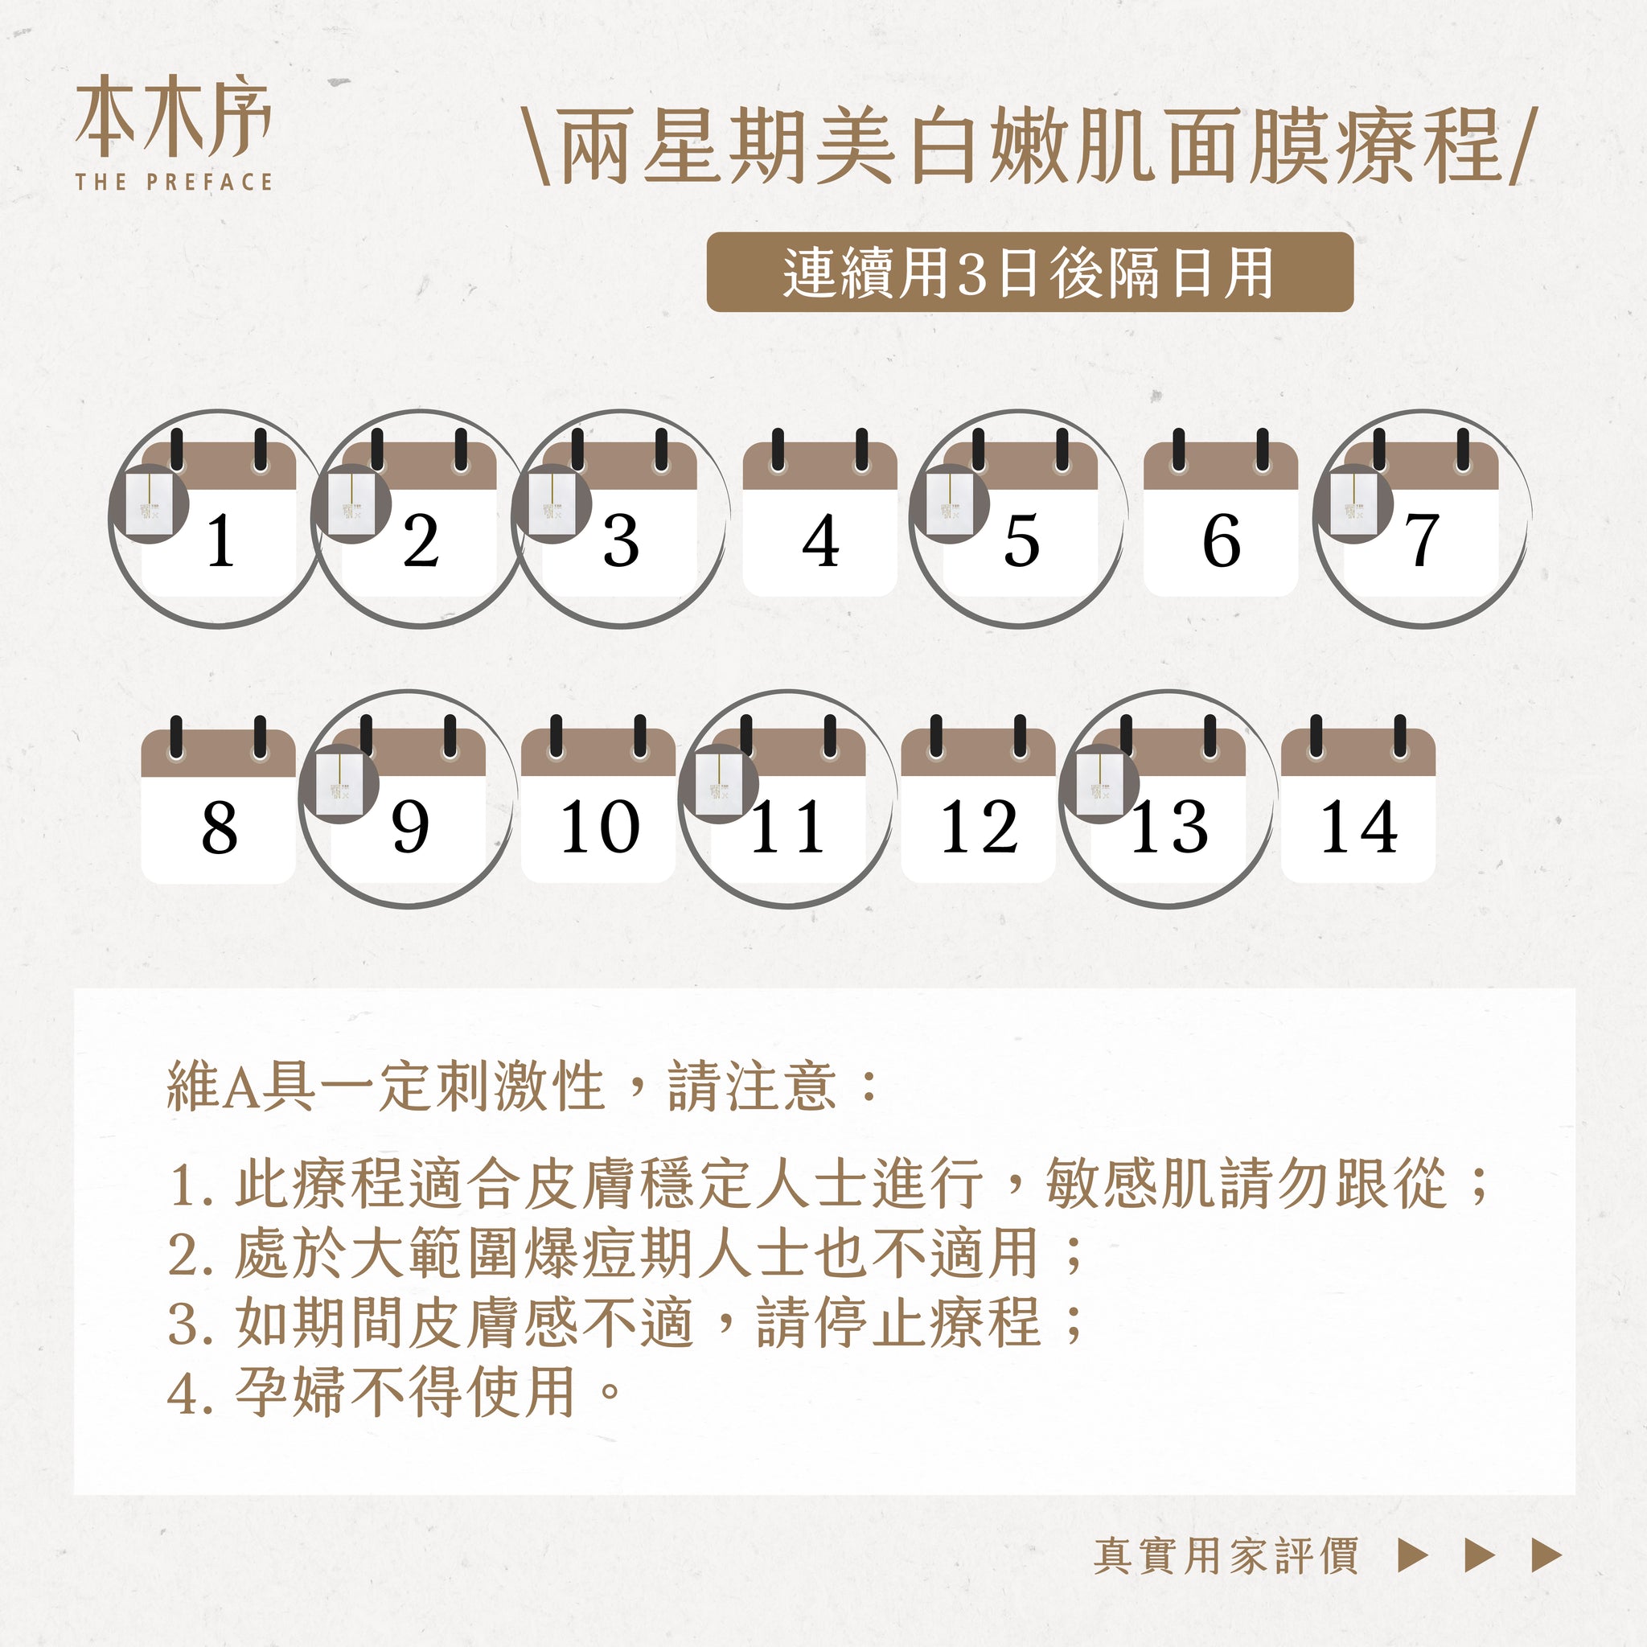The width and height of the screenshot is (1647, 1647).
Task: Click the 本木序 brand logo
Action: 173,117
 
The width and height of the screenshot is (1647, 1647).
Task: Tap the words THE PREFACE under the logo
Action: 174,182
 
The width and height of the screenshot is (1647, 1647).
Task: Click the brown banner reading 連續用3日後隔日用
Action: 1030,272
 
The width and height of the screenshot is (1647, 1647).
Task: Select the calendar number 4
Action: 820,540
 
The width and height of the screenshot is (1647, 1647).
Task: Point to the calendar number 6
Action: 1221,540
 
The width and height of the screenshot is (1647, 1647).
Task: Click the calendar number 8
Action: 219,827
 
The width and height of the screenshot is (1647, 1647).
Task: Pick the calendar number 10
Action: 599,827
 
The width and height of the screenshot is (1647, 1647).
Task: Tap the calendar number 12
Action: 979,827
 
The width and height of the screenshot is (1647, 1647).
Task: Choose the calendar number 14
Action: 1359,827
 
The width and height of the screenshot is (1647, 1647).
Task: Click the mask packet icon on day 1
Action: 150,503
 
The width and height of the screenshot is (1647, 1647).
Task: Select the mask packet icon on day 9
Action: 339,783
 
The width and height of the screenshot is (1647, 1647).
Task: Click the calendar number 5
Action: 1021,540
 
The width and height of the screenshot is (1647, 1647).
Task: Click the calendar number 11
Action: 787,827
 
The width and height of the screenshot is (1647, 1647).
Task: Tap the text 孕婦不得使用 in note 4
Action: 406,1392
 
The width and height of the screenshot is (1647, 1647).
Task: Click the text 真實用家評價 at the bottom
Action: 1226,1556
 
